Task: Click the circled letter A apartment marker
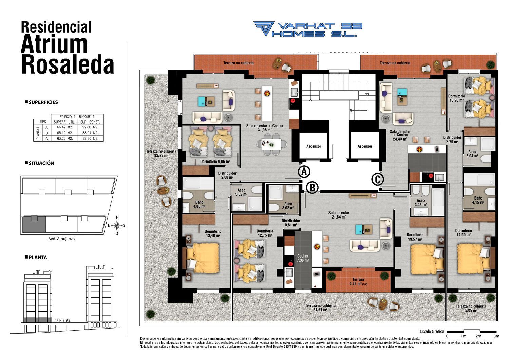[304, 172]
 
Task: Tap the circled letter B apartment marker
[313, 188]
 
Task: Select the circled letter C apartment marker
[377, 179]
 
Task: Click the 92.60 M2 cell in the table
[90, 127]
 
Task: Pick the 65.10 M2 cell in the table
[64, 133]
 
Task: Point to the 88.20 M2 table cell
[90, 138]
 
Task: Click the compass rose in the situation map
[117, 226]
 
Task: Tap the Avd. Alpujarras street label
[61, 239]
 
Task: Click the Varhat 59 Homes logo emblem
[264, 29]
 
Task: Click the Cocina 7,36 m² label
[303, 258]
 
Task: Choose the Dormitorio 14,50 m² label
[464, 232]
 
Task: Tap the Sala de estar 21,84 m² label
[339, 215]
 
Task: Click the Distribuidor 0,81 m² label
[291, 223]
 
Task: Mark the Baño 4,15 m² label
[478, 200]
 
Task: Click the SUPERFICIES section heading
[41, 102]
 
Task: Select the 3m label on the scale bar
[496, 336]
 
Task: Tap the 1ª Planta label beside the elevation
[62, 320]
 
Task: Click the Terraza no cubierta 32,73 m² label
[161, 153]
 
